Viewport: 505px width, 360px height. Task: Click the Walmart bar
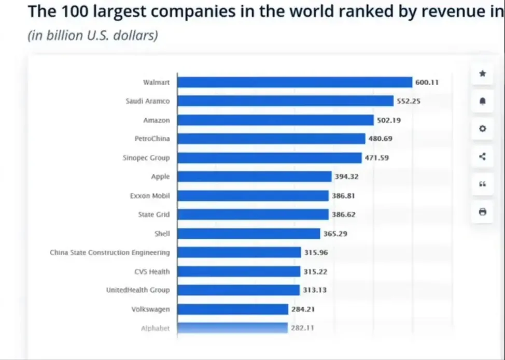[x=294, y=82]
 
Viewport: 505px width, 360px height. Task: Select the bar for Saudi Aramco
[x=285, y=101]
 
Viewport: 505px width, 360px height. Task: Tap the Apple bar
[x=254, y=177]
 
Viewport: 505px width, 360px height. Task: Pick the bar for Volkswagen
[x=233, y=309]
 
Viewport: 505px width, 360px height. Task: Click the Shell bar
[x=248, y=234]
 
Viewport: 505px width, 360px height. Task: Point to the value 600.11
[x=427, y=82]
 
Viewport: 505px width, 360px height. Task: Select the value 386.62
[x=343, y=214]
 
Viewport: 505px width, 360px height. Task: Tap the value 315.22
[x=315, y=271]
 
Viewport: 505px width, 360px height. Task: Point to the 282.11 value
[x=302, y=328]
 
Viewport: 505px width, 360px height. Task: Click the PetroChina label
[x=152, y=139]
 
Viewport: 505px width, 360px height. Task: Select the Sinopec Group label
[x=146, y=158]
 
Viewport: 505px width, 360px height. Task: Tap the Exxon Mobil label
[x=150, y=196]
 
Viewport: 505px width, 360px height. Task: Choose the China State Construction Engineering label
[x=109, y=253]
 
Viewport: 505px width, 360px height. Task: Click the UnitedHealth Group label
[x=138, y=290]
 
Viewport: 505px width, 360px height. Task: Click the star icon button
[x=483, y=74]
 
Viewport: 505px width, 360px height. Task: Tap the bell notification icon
[x=483, y=101]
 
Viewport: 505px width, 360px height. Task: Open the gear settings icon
[x=483, y=128]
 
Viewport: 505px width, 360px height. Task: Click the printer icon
[x=483, y=211]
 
